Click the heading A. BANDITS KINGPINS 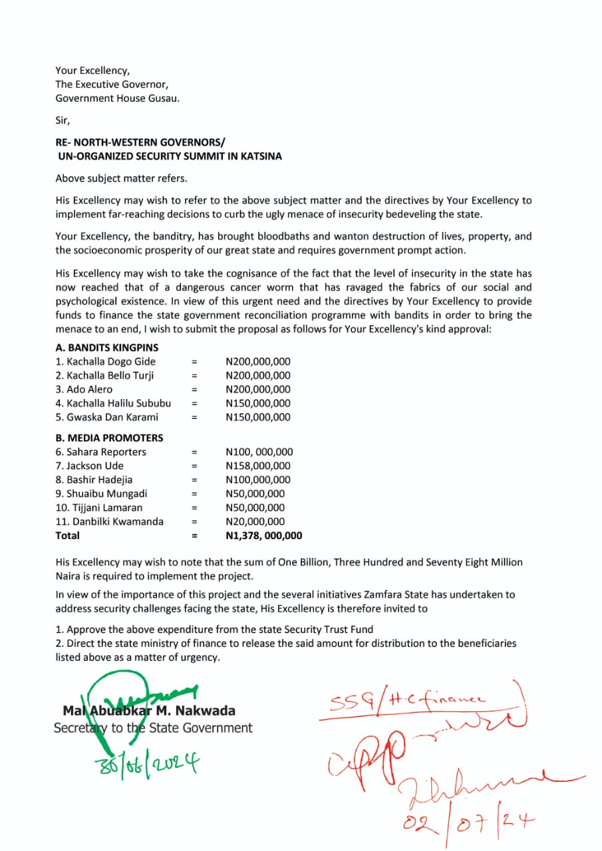[107, 348]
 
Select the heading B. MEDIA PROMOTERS [109, 438]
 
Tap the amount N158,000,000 [258, 466]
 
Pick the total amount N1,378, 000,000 [264, 536]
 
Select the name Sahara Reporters [101, 452]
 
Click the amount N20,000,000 [255, 522]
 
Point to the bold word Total [67, 536]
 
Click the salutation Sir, [63, 121]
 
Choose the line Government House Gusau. [118, 98]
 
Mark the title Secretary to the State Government [153, 728]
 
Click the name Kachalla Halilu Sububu [113, 404]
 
